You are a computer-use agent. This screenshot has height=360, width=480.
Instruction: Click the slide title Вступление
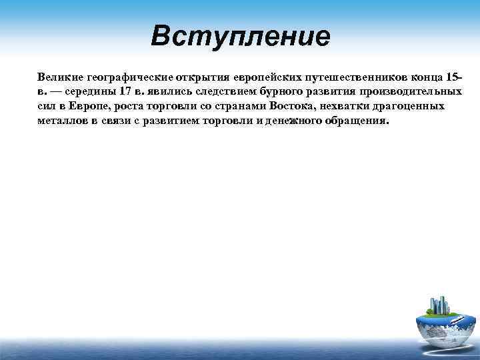[240, 36]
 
